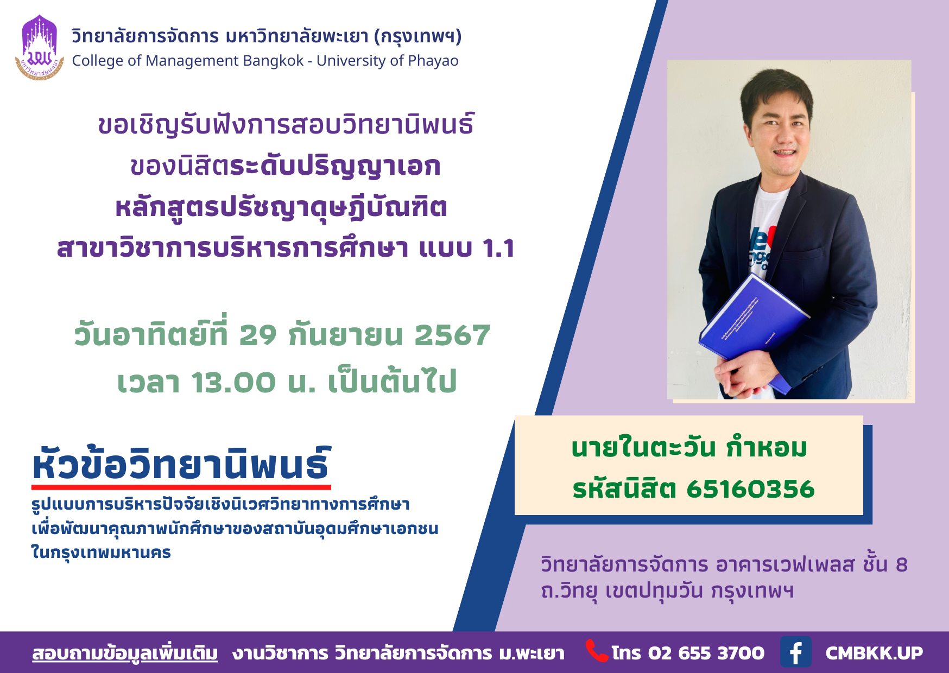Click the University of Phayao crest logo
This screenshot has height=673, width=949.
(x=40, y=48)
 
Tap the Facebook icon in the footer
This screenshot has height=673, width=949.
(x=796, y=652)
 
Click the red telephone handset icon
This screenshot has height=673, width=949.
(x=597, y=651)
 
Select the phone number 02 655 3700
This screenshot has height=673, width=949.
(x=706, y=653)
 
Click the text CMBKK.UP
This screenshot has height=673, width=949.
(x=874, y=653)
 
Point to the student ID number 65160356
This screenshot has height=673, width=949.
(x=750, y=489)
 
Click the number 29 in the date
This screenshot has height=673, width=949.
(x=258, y=335)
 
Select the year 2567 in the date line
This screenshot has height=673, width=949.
(x=452, y=335)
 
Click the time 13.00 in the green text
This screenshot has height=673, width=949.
(x=233, y=382)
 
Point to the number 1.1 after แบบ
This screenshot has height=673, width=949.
(x=498, y=249)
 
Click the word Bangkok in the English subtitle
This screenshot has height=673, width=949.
(x=273, y=61)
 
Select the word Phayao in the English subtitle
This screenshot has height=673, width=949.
(x=433, y=61)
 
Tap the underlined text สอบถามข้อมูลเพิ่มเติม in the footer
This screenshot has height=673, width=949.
(x=125, y=653)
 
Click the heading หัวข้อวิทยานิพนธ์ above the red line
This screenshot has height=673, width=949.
(x=182, y=464)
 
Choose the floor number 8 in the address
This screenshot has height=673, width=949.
(x=901, y=565)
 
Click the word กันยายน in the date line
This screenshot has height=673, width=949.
(x=345, y=335)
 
